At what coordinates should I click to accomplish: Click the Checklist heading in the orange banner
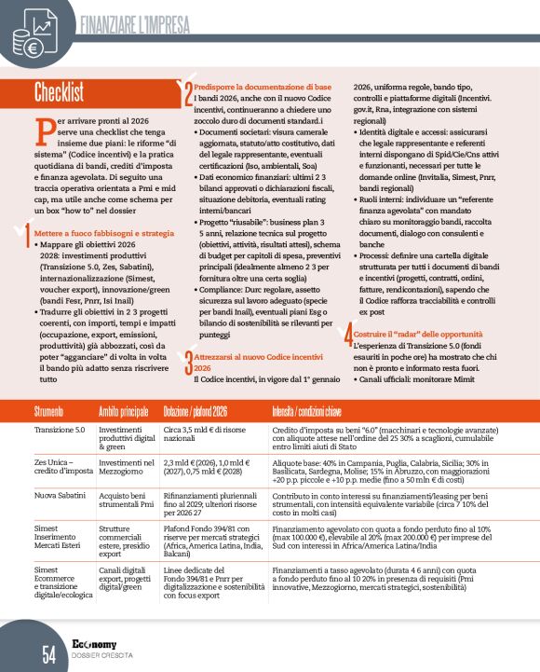(59, 91)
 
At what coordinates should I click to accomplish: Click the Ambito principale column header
(123, 410)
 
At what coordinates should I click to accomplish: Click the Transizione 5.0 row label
(60, 430)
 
